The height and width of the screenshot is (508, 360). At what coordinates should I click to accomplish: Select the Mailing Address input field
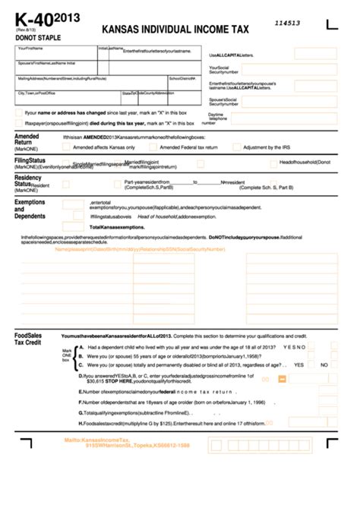pos(91,82)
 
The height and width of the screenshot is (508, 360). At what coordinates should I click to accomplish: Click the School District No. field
pos(186,82)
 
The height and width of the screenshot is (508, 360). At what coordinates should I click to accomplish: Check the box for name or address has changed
pos(19,112)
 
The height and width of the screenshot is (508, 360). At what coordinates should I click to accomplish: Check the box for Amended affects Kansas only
pos(67,147)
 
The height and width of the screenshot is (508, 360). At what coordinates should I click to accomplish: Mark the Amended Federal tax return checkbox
pos(153,147)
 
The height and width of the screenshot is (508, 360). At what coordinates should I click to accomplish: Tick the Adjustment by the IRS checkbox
pos(237,147)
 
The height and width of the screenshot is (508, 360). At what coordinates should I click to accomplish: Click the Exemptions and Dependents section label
pos(30,209)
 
